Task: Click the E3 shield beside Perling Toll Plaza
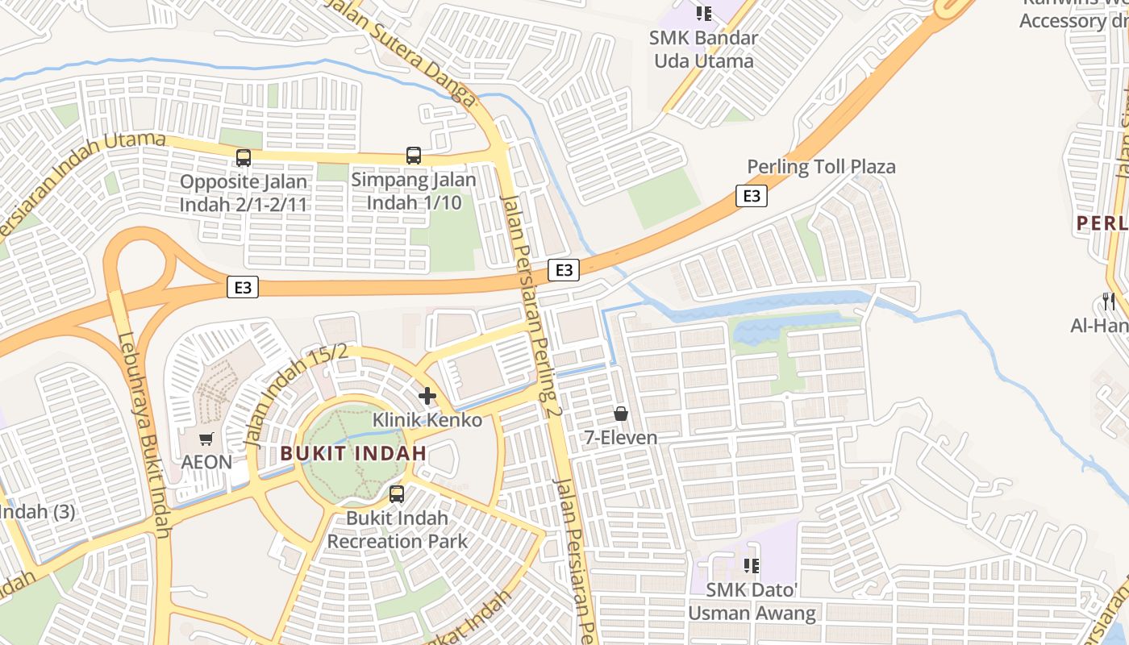tap(751, 196)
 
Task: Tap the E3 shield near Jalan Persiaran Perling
tap(564, 270)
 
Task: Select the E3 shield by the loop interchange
tap(242, 287)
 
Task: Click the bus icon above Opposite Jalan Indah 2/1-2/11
tap(244, 158)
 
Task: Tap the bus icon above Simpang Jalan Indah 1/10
tap(414, 156)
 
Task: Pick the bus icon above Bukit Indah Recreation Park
tap(397, 494)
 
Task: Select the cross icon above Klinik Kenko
tap(427, 396)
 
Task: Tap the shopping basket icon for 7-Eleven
tap(621, 414)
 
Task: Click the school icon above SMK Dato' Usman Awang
tap(752, 566)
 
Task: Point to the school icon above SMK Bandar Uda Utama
tap(704, 14)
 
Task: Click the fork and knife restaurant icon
tap(1110, 302)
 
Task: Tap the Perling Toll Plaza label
tap(821, 167)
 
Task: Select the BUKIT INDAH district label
tap(353, 453)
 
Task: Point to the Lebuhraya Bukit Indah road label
tap(144, 435)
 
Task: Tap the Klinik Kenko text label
tap(427, 420)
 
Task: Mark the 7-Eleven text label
tap(621, 438)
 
